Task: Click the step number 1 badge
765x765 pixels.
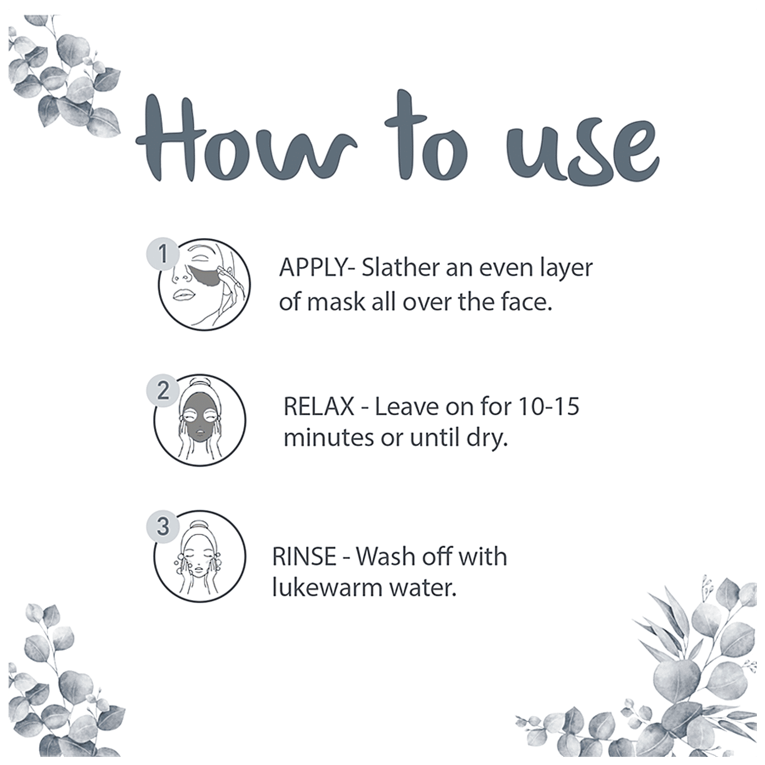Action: coord(163,253)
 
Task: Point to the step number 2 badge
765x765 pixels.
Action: coord(163,391)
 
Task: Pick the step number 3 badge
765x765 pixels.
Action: coord(163,526)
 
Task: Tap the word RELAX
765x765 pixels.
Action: coord(319,406)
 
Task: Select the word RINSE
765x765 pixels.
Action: coord(304,556)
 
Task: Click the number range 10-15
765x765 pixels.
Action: coord(549,406)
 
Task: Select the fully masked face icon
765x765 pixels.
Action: coord(200,420)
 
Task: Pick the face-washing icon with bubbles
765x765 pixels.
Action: coord(200,556)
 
